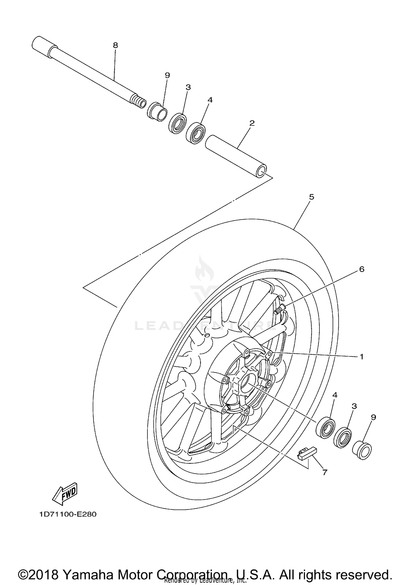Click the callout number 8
pos(115,45)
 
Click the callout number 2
pos(252,123)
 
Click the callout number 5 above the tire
pos(311,197)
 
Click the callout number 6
pos(362,269)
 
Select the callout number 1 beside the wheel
pos(361,356)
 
